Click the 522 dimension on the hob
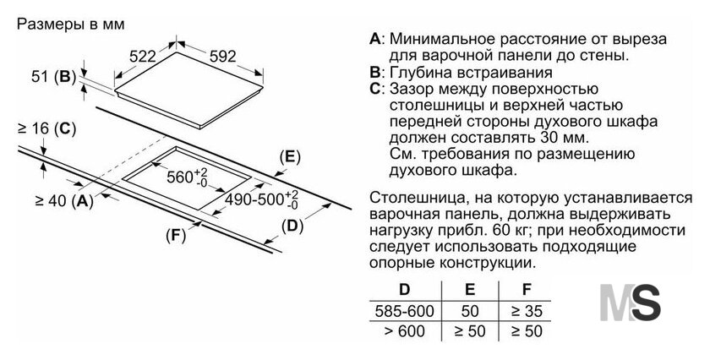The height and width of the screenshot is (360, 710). tap(142, 57)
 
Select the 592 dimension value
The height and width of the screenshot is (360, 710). tap(223, 56)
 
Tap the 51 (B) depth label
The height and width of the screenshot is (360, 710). tap(53, 77)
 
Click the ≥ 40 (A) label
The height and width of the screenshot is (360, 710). tap(64, 200)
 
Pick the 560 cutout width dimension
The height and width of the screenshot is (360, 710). tap(187, 177)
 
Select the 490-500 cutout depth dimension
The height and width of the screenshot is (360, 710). tap(262, 199)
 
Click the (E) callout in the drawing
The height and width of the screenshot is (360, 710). tap(290, 157)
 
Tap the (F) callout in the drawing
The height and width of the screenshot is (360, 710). tap(176, 236)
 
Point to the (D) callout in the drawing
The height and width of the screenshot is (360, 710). tap(292, 226)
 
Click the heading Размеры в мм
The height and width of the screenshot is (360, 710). tap(71, 25)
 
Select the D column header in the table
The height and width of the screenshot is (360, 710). tap(404, 289)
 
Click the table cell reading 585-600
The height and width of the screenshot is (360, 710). tap(404, 311)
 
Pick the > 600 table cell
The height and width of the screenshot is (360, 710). tap(404, 331)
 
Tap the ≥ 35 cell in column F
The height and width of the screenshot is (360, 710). tap(527, 311)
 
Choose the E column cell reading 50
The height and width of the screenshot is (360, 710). tap(470, 311)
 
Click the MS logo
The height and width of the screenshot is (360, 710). tap(631, 303)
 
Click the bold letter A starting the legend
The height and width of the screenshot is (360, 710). tap(375, 39)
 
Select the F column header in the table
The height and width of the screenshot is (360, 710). tap(526, 289)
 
